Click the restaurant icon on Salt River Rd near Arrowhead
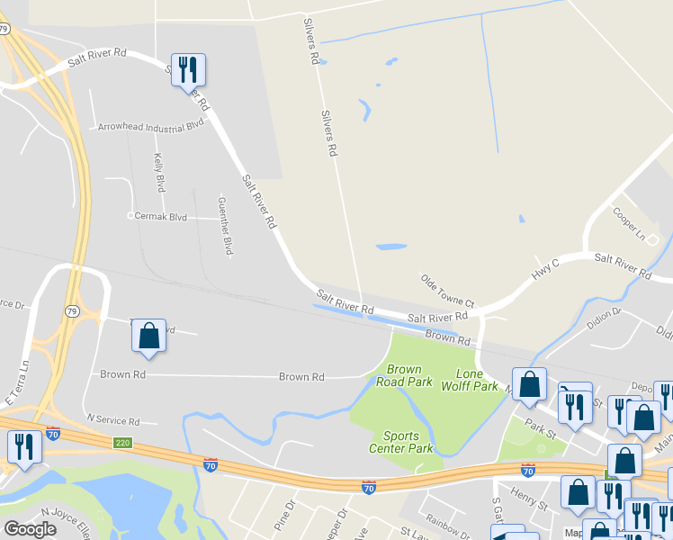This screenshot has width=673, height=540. pyautogui.click(x=189, y=70)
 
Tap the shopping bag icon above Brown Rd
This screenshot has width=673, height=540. pyautogui.click(x=149, y=336)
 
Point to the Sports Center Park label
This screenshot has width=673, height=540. pyautogui.click(x=401, y=442)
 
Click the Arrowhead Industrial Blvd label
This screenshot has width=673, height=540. pyautogui.click(x=151, y=127)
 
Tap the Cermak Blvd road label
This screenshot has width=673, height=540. pyautogui.click(x=161, y=216)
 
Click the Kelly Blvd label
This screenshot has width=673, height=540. pyautogui.click(x=159, y=172)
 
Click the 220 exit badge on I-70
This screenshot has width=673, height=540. pyautogui.click(x=123, y=443)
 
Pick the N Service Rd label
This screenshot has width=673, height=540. pyautogui.click(x=112, y=420)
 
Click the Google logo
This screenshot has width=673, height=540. pyautogui.click(x=30, y=529)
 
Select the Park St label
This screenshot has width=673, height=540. pyautogui.click(x=543, y=416)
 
